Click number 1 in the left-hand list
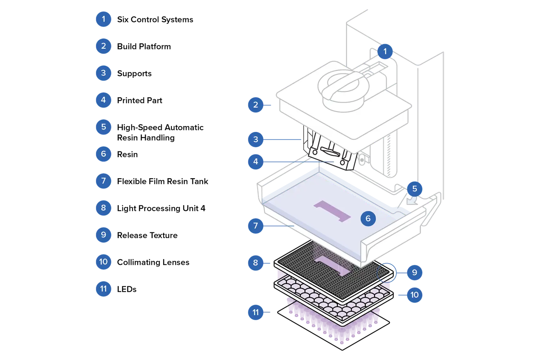point(103,19)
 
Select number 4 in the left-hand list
point(103,100)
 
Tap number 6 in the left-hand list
point(103,154)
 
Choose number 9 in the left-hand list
point(103,234)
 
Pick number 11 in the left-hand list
point(103,288)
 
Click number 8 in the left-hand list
point(103,208)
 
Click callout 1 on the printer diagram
point(385,51)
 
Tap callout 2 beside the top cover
point(256,105)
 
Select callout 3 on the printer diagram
point(256,140)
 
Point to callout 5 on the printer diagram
point(414,189)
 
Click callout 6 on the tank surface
point(368,218)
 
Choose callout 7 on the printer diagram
point(256,226)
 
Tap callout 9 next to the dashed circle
point(414,272)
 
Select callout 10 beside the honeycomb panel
point(414,295)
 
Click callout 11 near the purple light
point(256,312)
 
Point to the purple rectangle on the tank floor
point(333,211)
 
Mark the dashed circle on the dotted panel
point(385,273)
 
